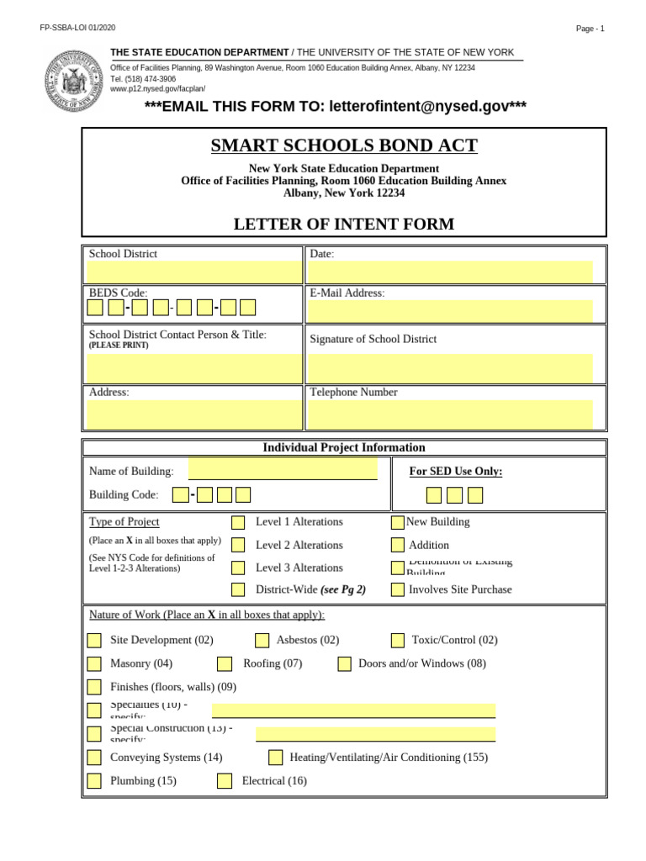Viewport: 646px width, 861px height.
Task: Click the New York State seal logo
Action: (74, 81)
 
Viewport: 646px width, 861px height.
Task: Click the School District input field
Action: (193, 272)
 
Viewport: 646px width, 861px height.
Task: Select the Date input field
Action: (450, 272)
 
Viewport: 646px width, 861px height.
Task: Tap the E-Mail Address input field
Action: (450, 311)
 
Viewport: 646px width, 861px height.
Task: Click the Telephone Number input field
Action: (450, 415)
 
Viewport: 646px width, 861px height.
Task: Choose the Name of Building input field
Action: (283, 469)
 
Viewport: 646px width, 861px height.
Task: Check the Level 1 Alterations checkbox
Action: (238, 522)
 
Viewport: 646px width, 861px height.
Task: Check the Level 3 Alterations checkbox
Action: (238, 568)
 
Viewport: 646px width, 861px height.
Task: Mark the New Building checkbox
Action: (398, 522)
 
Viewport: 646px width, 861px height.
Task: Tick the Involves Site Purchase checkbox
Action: (398, 589)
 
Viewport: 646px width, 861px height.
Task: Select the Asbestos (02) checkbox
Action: (262, 640)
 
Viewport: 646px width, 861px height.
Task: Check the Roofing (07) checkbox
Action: (225, 663)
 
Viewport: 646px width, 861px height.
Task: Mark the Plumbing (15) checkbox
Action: (94, 780)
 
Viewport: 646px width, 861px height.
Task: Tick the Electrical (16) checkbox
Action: (225, 780)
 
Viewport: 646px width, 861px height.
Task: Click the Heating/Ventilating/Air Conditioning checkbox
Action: (276, 758)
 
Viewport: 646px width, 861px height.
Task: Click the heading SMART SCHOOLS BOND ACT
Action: (344, 146)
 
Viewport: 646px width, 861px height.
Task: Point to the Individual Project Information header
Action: (344, 447)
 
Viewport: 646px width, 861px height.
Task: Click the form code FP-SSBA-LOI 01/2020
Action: (77, 29)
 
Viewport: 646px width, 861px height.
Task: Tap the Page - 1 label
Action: (590, 29)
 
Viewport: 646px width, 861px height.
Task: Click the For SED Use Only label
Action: (456, 471)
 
